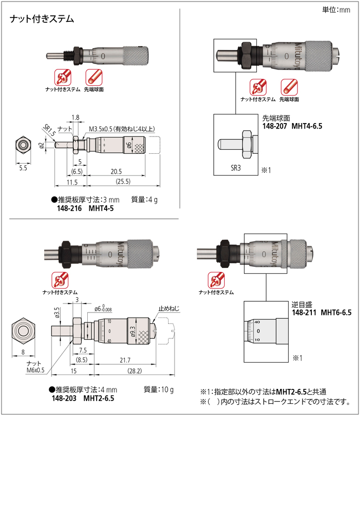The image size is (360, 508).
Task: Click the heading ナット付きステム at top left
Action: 42,20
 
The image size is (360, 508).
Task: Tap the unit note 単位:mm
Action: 336,9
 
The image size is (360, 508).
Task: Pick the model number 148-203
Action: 63,398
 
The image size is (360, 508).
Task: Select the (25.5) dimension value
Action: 123,182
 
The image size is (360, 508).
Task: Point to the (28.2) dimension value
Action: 134,371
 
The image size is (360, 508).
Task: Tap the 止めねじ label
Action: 169,308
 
